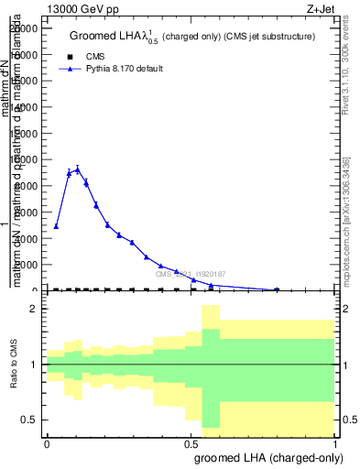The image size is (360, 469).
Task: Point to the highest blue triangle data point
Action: pos(78,169)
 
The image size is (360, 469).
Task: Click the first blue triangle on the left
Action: pos(56,225)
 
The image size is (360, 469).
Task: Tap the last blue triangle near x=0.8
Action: pos(277,289)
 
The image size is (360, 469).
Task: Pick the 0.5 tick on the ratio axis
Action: pos(30,420)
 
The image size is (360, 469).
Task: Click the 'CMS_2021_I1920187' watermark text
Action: pos(191,274)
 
